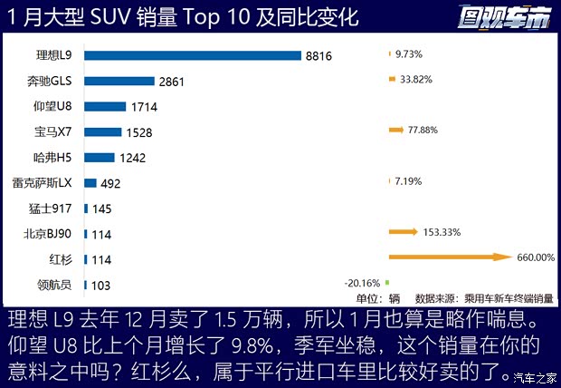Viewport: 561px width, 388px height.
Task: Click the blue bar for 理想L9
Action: point(192,55)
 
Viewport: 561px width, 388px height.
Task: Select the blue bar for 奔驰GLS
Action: point(119,81)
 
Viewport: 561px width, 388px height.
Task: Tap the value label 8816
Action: point(319,56)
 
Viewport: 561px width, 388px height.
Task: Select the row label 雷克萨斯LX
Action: point(42,182)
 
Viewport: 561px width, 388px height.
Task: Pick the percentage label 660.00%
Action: point(535,257)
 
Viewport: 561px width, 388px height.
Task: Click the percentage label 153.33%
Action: point(441,232)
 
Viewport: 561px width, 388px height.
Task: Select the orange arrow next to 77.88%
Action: point(395,131)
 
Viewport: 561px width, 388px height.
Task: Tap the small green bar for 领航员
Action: point(386,282)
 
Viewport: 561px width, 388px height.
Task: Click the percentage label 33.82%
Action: point(416,79)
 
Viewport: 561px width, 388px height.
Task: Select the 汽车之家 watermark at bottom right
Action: point(534,376)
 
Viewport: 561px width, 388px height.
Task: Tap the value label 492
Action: point(110,183)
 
